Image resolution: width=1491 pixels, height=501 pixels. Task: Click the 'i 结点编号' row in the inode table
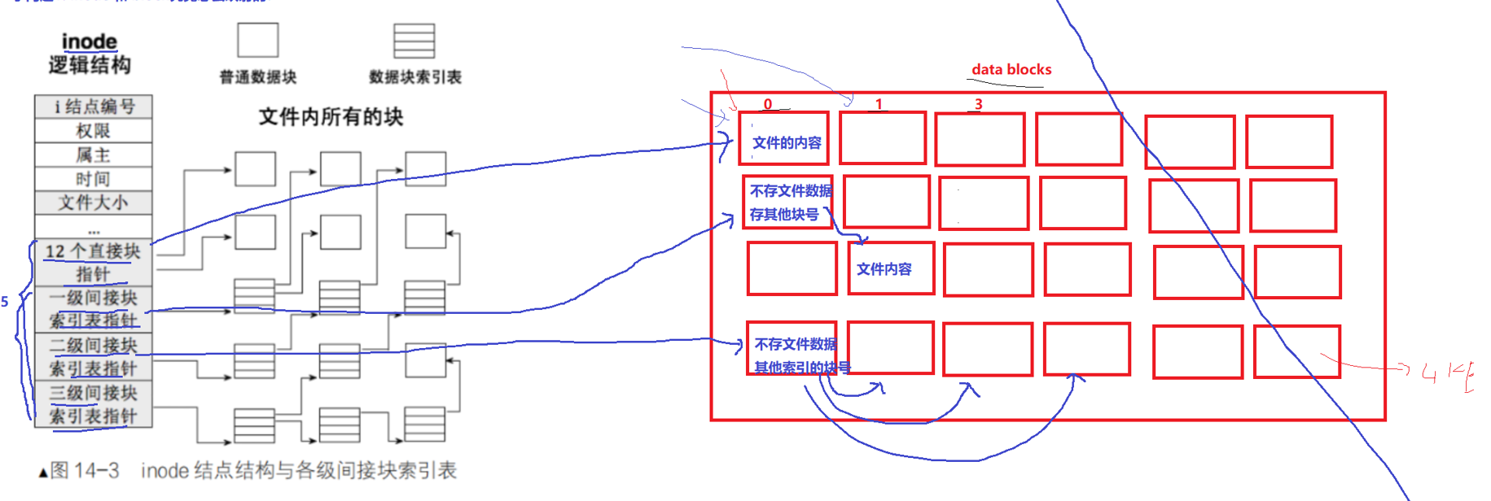[94, 107]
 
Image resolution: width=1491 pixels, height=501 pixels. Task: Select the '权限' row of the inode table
[94, 131]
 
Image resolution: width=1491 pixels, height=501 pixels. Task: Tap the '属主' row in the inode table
[94, 155]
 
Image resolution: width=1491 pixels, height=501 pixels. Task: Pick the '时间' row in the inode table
[94, 179]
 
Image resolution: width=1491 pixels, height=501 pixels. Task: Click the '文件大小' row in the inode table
[94, 203]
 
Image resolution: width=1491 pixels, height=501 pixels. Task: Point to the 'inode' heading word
[89, 41]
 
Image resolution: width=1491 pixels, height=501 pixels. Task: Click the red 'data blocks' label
[1011, 70]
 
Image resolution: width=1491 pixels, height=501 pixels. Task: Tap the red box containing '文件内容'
[891, 268]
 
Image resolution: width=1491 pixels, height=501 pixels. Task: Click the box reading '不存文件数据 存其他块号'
[787, 202]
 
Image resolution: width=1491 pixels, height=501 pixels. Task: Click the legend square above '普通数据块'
[257, 40]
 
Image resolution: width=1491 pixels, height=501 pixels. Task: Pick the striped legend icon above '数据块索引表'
[414, 41]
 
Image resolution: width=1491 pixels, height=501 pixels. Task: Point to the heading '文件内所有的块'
[331, 117]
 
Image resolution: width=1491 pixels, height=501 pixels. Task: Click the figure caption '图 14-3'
[85, 471]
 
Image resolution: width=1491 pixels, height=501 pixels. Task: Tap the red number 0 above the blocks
[767, 104]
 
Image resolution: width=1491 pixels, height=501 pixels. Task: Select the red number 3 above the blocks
[978, 104]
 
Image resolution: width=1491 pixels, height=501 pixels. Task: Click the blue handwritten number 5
[5, 302]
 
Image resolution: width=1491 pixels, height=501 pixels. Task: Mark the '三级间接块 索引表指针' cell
[94, 404]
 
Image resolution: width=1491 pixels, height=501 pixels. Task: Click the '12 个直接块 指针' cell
[94, 262]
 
